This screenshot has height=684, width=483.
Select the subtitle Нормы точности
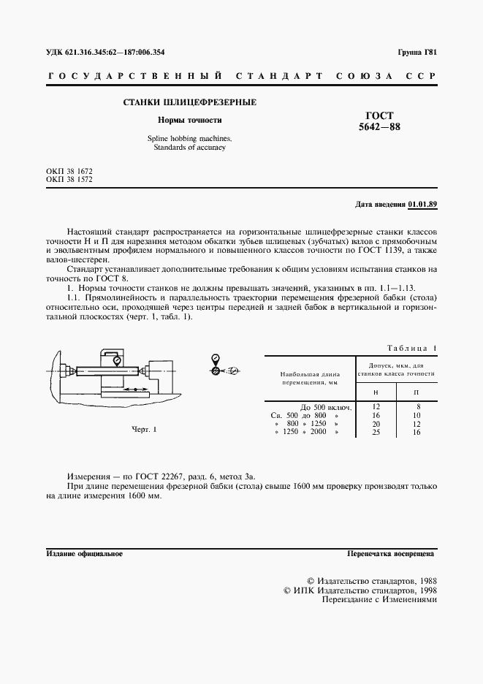(190, 120)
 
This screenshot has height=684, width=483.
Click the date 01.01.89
(422, 204)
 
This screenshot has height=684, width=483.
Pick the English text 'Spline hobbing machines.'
(189, 138)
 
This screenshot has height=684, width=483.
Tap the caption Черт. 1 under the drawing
(144, 429)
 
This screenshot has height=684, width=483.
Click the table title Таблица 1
(411, 349)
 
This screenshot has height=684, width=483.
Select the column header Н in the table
(376, 393)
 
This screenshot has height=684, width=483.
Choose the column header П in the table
(417, 393)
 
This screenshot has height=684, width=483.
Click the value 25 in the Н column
(376, 433)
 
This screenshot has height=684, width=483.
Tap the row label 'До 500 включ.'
(327, 406)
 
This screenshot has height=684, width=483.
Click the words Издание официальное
(84, 554)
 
